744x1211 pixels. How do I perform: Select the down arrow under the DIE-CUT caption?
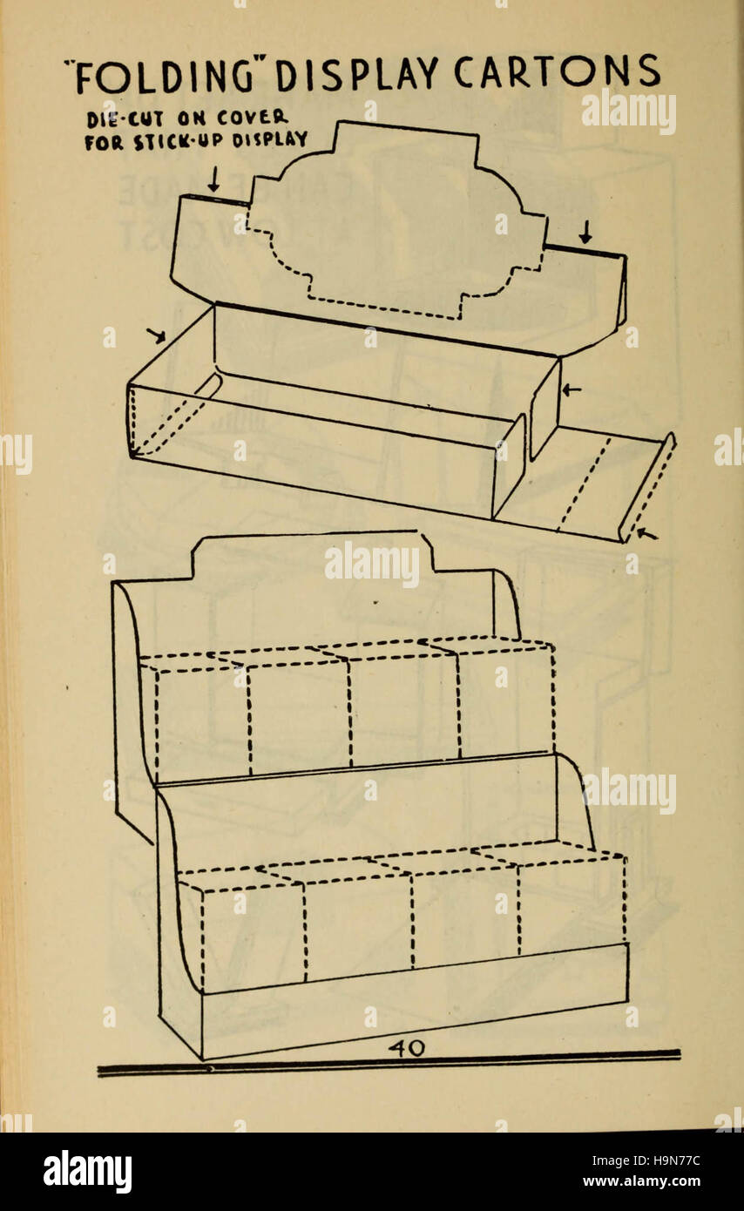(x=213, y=179)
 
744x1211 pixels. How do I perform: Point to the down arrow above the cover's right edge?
(x=585, y=233)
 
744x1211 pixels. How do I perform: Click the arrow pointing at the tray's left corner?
(x=156, y=335)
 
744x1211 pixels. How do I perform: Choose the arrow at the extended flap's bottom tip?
(x=646, y=533)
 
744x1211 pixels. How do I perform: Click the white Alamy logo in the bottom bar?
(x=87, y=1172)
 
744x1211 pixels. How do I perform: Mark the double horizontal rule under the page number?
(x=388, y=1066)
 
